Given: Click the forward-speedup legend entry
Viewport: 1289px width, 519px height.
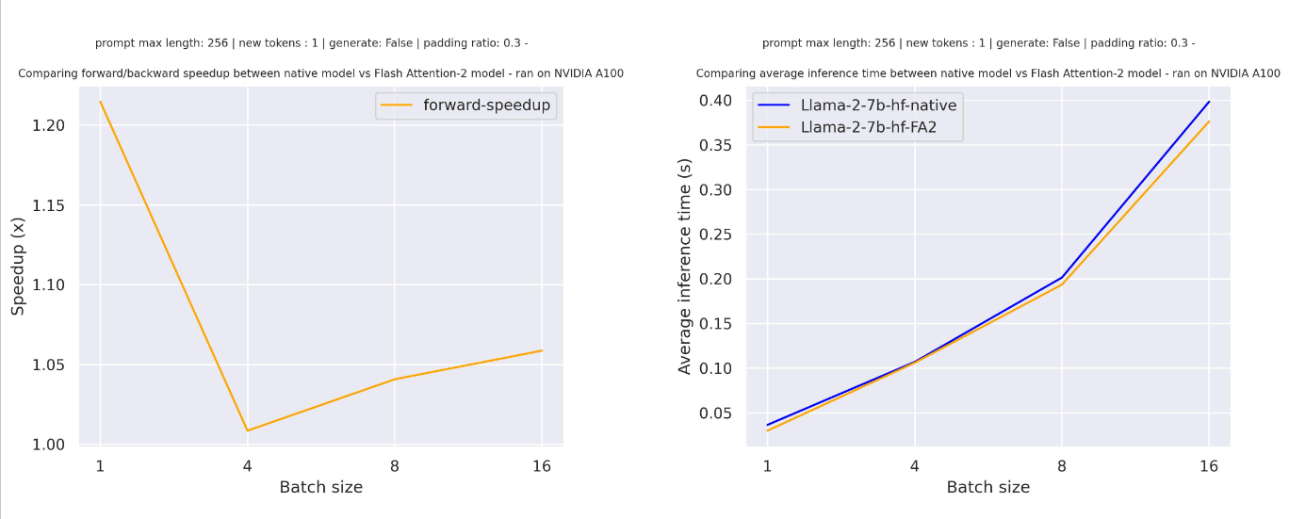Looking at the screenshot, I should (486, 105).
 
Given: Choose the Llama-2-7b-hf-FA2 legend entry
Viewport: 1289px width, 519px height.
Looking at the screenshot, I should (868, 127).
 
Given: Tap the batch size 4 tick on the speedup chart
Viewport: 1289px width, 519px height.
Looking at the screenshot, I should (247, 465).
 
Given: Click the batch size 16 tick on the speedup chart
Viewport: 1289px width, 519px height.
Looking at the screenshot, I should (541, 465).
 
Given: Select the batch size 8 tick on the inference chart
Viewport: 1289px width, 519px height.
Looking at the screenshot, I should (1062, 465).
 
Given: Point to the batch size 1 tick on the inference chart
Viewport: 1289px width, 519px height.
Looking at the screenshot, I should (767, 465).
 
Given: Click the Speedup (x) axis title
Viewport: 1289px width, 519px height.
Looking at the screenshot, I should (18, 266).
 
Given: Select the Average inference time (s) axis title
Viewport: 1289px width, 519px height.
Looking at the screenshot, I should (685, 267).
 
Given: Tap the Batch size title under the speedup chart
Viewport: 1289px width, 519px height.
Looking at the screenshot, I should (320, 488).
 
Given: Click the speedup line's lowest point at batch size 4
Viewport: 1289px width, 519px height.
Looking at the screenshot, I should (247, 430).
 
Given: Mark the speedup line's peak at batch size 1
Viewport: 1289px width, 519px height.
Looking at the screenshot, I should (100, 101).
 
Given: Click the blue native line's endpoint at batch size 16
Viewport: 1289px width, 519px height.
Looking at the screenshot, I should (1209, 101).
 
